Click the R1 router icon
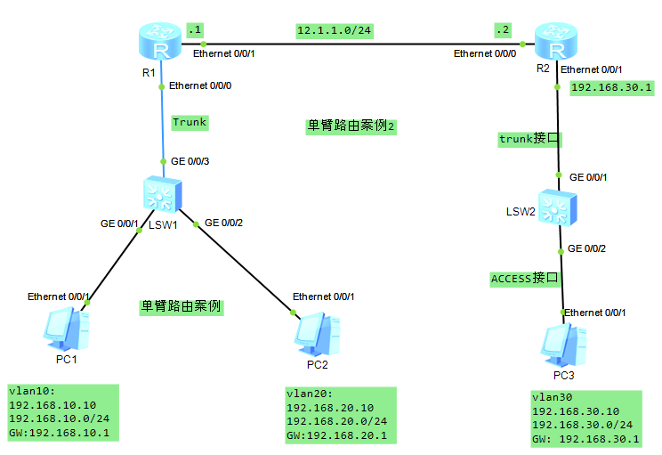point(161,41)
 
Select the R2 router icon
point(555,41)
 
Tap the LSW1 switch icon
point(162,194)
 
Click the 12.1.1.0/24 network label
point(334,30)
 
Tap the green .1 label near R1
point(195,29)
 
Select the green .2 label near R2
point(503,29)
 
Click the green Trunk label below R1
point(189,122)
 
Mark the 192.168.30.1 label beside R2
point(611,87)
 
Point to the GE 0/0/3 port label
point(190,161)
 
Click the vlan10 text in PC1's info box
point(31,391)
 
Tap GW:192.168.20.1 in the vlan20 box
point(336,435)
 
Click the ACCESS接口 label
point(525,279)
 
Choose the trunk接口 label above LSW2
point(530,139)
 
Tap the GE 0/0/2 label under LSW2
point(586,248)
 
